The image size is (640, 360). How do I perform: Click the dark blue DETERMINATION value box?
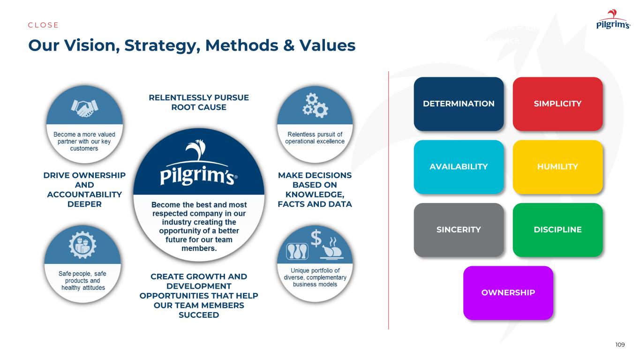click(x=459, y=104)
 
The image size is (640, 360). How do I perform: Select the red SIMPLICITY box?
click(x=557, y=104)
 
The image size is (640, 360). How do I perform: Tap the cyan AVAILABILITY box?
click(x=459, y=167)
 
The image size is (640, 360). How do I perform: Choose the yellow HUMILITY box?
click(x=557, y=167)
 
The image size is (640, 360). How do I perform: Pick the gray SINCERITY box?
click(x=459, y=230)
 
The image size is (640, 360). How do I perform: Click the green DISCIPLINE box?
click(x=557, y=230)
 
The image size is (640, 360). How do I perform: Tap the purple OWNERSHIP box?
click(x=508, y=292)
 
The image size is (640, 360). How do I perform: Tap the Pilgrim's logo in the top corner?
click(x=613, y=21)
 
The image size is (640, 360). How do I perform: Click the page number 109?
click(x=620, y=345)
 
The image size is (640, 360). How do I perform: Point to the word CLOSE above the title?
click(x=44, y=25)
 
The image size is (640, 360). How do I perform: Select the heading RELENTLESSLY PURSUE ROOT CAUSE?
click(x=198, y=102)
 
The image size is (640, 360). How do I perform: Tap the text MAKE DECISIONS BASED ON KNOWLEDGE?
click(x=315, y=189)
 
